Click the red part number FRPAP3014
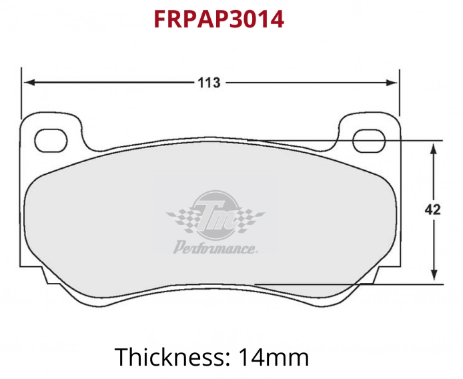(x=219, y=19)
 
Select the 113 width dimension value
(x=209, y=83)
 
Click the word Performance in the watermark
(x=215, y=249)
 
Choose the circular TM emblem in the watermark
(x=215, y=214)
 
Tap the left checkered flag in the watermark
(x=180, y=218)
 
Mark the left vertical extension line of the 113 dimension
(x=21, y=93)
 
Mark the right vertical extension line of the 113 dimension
(x=400, y=93)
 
